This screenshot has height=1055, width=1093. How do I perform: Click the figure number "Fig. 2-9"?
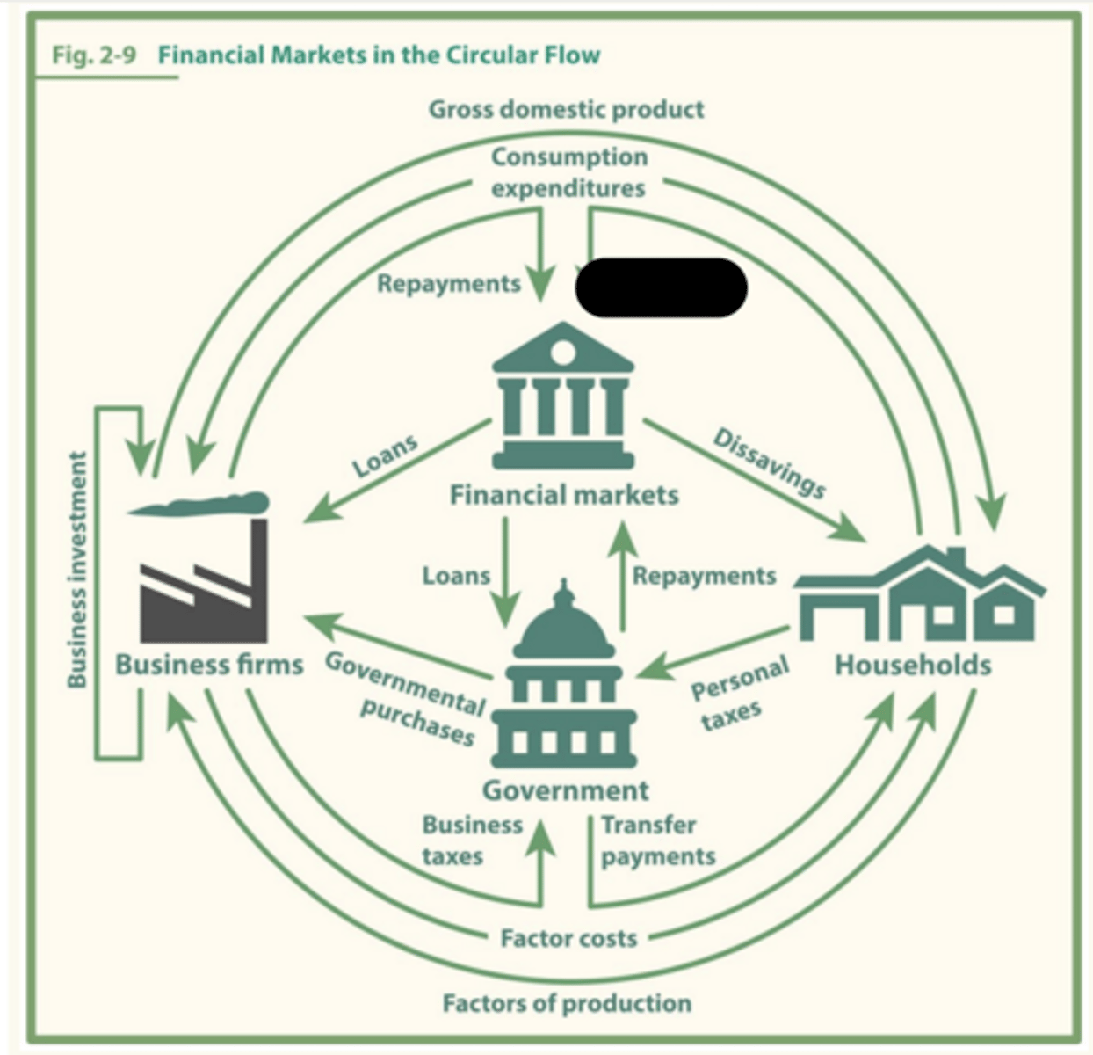click(94, 55)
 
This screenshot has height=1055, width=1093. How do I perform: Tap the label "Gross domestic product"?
click(566, 110)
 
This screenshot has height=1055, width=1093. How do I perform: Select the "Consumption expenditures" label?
click(569, 172)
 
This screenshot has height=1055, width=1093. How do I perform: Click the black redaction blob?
click(662, 287)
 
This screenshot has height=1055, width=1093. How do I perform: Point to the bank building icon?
click(563, 396)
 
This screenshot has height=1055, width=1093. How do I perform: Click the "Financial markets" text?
click(564, 495)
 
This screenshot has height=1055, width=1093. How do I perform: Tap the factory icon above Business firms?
click(200, 566)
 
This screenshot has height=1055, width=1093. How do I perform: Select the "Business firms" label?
click(209, 665)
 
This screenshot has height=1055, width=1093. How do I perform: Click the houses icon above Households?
click(920, 593)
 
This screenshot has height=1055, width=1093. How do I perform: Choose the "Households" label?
click(913, 665)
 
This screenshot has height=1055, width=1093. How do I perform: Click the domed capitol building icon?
click(564, 673)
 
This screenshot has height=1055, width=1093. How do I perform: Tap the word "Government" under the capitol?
click(566, 791)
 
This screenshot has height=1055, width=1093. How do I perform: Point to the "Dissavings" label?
click(770, 464)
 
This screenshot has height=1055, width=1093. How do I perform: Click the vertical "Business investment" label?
click(77, 570)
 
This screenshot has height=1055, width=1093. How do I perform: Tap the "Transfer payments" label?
click(658, 840)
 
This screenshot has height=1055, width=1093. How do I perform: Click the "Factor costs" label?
click(569, 938)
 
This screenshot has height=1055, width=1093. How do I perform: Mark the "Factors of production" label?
click(568, 1003)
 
